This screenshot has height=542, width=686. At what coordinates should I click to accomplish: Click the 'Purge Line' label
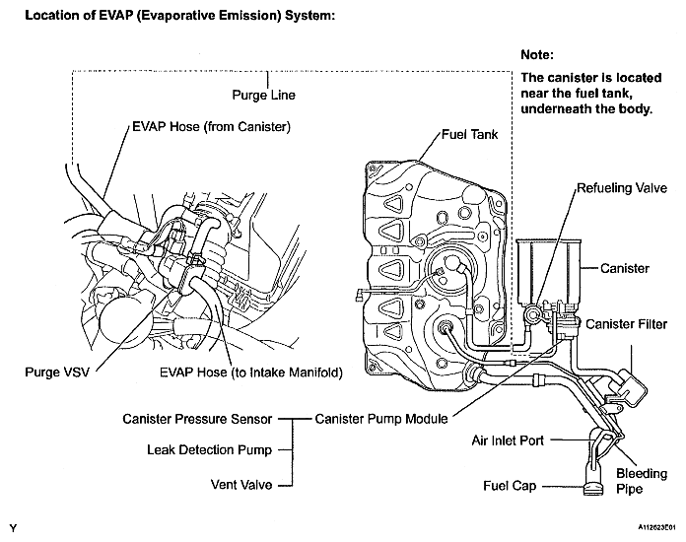(263, 96)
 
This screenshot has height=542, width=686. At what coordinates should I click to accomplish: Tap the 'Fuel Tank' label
(469, 134)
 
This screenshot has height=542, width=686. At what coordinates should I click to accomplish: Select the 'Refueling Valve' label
(622, 188)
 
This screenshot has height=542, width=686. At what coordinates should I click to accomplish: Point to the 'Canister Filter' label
(626, 324)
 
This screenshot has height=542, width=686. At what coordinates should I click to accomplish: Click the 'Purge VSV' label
(57, 373)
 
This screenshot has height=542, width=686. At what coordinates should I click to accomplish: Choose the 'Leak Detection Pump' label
(209, 449)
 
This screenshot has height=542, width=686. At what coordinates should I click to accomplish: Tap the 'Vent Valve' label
(241, 485)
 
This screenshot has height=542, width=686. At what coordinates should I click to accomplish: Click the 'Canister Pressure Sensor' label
(197, 419)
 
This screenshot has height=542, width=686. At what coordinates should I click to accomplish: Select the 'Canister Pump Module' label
(381, 419)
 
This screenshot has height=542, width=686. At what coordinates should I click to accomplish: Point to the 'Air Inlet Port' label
(508, 440)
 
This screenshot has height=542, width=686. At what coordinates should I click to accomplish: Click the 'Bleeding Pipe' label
(642, 481)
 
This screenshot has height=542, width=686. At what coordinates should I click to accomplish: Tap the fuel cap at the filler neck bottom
(593, 489)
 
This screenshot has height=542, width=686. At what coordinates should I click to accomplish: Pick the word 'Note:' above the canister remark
(537, 55)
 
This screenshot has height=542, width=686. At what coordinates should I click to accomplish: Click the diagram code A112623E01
(656, 527)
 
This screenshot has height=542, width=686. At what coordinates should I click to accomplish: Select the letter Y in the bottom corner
(13, 528)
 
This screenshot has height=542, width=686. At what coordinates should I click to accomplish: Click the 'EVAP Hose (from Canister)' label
(211, 127)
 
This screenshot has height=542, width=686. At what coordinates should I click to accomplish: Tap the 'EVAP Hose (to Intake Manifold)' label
(251, 373)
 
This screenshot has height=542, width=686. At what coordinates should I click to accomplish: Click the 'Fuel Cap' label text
(510, 486)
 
